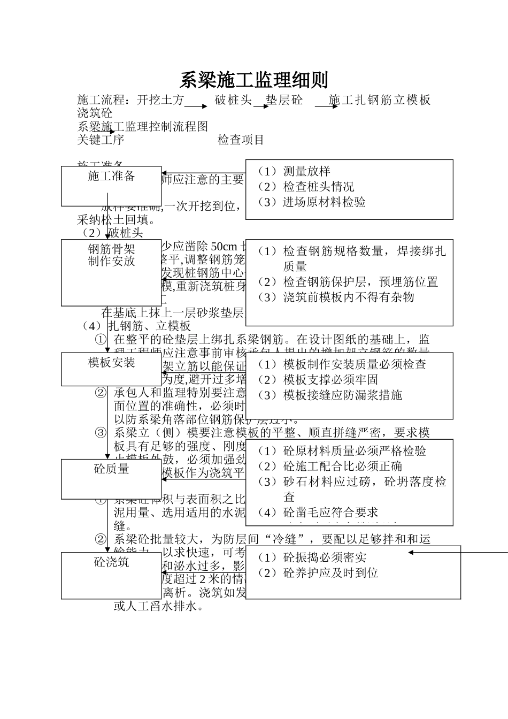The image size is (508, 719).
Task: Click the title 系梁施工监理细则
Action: pyautogui.click(x=253, y=80)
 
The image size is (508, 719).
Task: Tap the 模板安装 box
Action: pyautogui.click(x=111, y=369)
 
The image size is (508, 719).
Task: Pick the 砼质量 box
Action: pyautogui.click(x=111, y=478)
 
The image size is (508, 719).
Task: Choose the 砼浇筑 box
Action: pyautogui.click(x=111, y=575)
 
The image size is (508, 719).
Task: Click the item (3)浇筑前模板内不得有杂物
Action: pyautogui.click(x=336, y=297)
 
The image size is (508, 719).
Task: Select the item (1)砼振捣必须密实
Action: pyautogui.click(x=312, y=557)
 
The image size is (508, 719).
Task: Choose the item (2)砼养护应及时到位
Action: pyautogui.click(x=318, y=573)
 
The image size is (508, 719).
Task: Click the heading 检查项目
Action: pyautogui.click(x=241, y=140)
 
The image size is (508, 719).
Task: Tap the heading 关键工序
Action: pyautogui.click(x=101, y=140)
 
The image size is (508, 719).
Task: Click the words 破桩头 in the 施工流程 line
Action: pyautogui.click(x=233, y=100)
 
